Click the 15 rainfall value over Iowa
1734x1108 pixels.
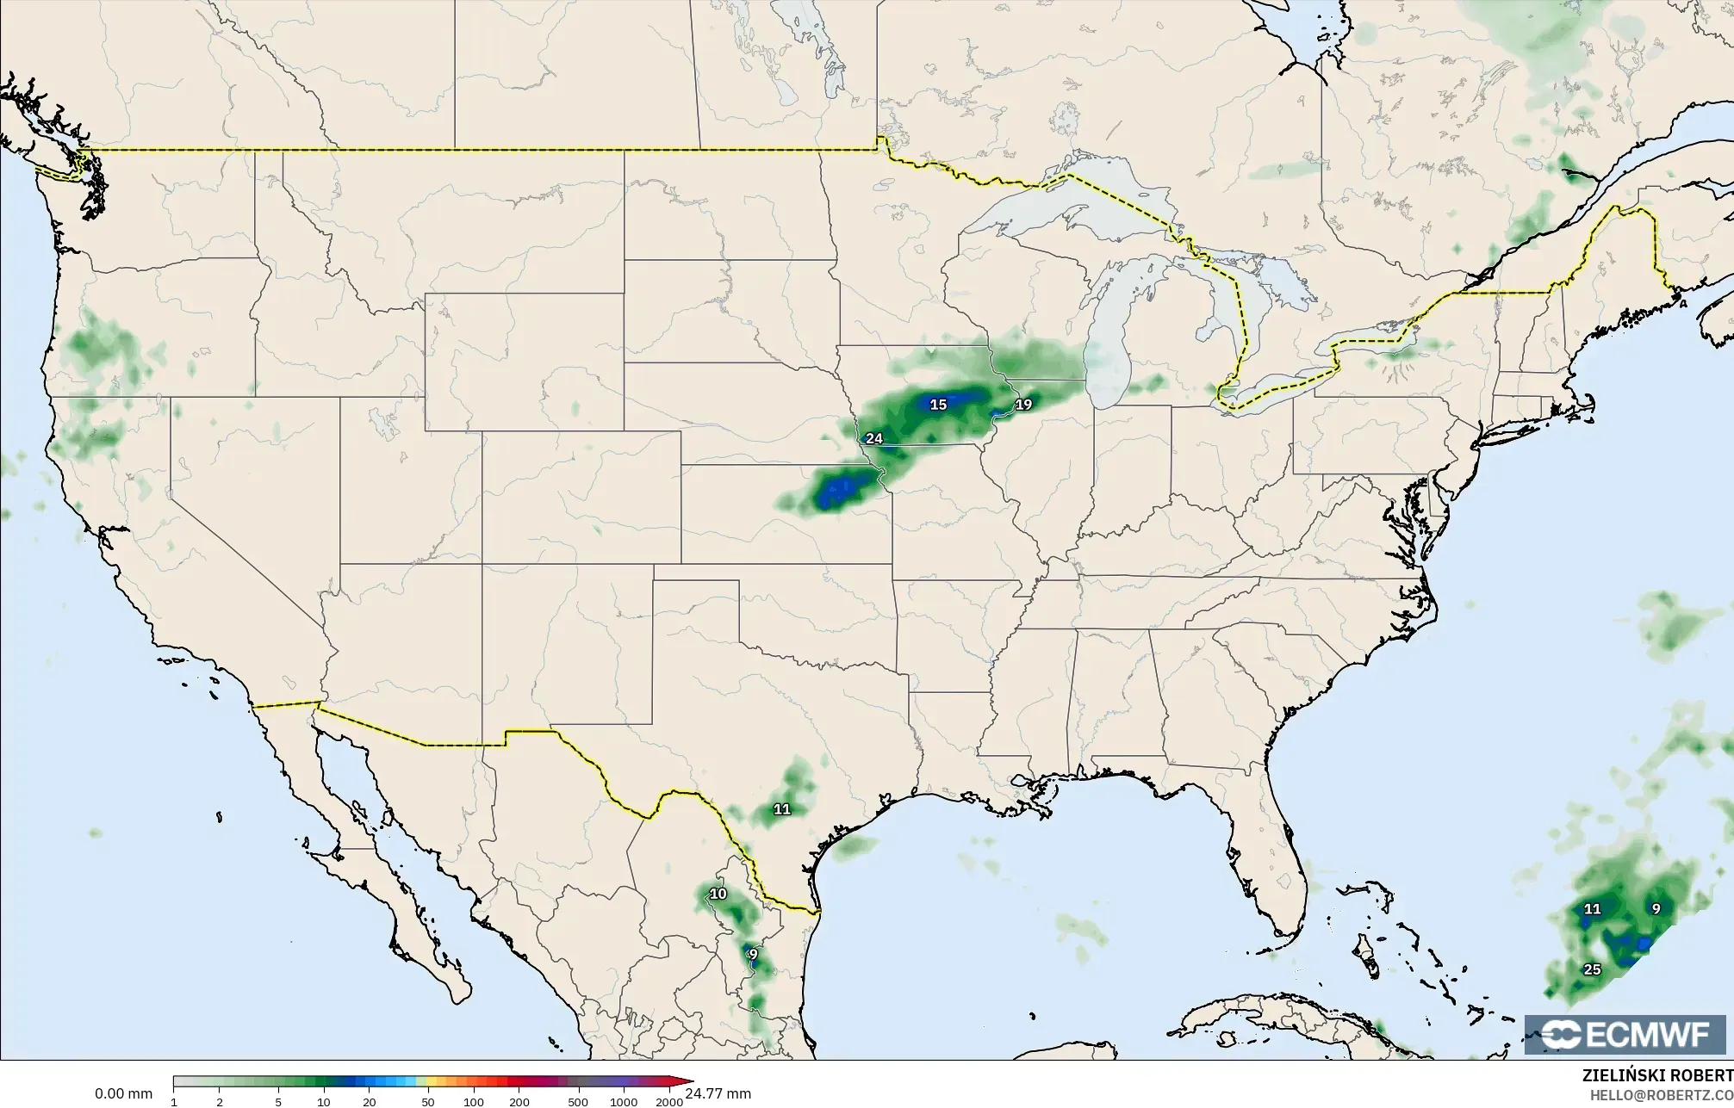[938, 404]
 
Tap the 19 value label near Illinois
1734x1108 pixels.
[1023, 404]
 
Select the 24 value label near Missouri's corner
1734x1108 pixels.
[873, 438]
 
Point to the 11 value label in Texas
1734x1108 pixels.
[781, 808]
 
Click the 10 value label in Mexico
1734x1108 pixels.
[718, 894]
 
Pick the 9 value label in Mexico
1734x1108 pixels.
[753, 954]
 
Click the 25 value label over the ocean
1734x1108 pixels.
[1592, 969]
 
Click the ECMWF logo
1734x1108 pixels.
[1625, 1035]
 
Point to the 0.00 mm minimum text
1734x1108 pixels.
[123, 1093]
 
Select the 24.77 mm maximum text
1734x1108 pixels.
[718, 1093]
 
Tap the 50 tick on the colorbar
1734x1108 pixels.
[427, 1101]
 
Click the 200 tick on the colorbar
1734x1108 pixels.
[519, 1101]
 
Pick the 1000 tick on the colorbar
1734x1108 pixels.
[624, 1101]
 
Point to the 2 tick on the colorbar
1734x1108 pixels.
[220, 1101]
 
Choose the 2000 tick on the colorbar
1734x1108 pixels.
[669, 1101]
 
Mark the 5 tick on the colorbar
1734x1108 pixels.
[278, 1101]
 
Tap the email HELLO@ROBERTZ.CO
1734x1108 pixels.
[1661, 1094]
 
